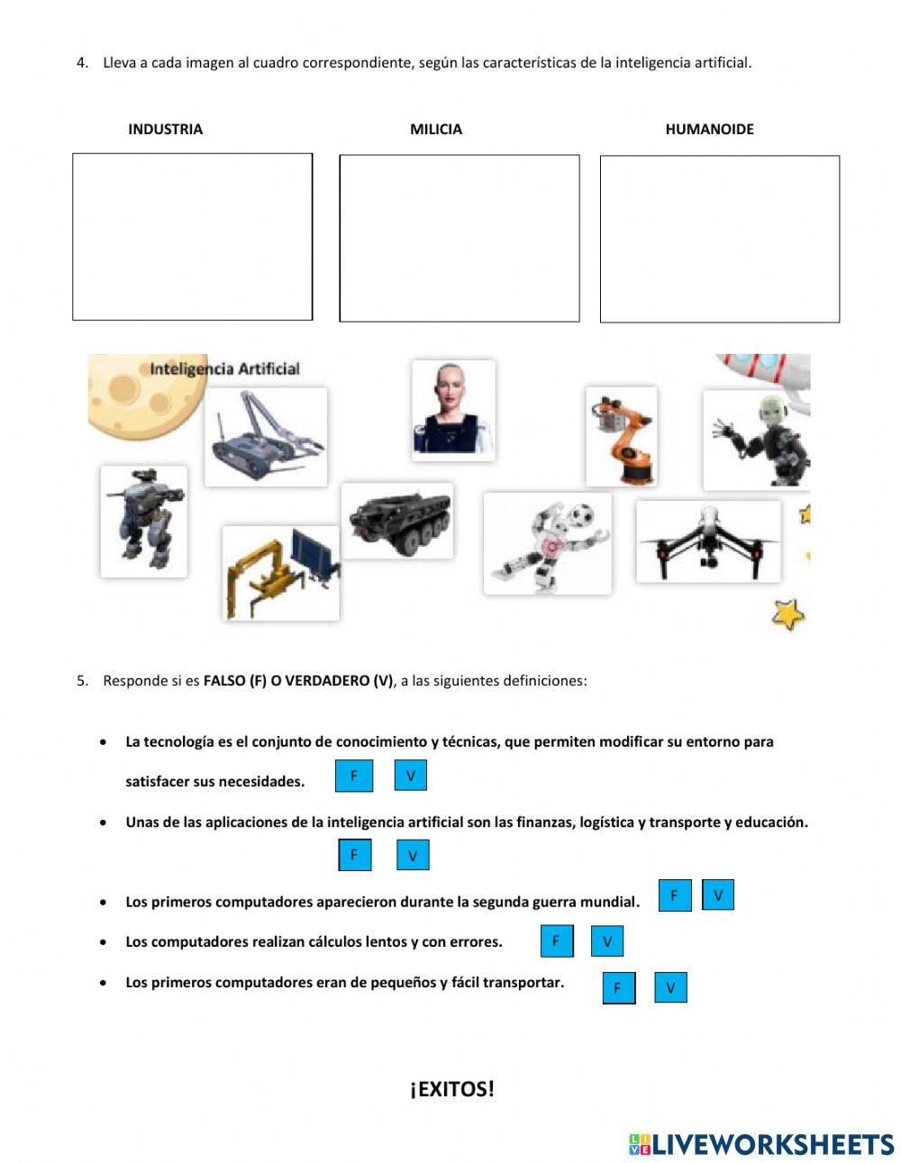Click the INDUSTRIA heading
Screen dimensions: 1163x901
165,129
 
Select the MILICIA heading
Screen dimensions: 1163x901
436,129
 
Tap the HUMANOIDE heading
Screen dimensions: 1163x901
709,129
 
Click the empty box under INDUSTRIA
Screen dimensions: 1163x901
192,236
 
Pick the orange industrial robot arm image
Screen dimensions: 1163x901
621,436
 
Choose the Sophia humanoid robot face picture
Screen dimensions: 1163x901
453,410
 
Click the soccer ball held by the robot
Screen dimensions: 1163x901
582,514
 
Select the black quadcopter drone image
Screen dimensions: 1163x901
708,541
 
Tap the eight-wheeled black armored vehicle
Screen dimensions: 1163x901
397,520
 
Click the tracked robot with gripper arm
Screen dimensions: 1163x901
266,437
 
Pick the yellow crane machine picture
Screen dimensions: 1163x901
281,573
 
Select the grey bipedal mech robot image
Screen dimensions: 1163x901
143,521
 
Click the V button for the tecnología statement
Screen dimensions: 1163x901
410,776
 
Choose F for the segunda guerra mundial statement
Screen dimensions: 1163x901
674,895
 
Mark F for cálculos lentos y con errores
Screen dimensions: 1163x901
556,941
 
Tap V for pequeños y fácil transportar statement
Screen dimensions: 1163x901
670,987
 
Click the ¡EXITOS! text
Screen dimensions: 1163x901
451,1089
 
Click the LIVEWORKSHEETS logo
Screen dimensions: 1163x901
761,1144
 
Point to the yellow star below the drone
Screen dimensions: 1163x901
788,614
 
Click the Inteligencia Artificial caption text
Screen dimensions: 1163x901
224,368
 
